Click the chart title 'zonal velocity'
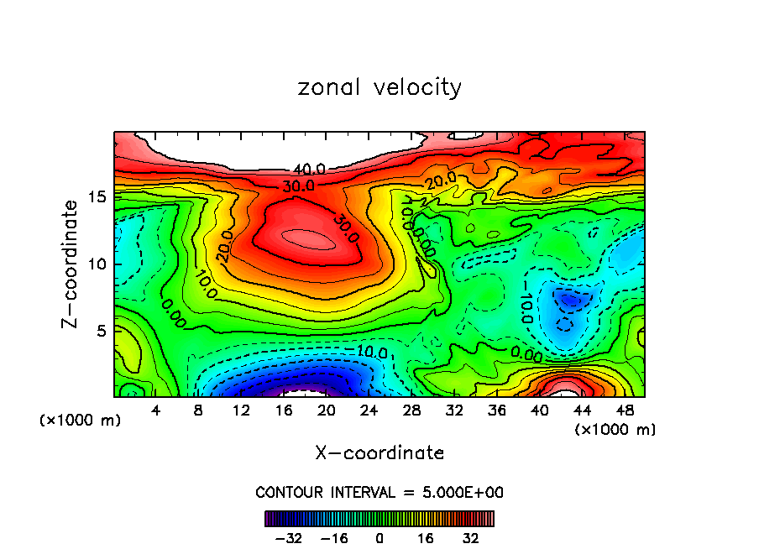pos(379,87)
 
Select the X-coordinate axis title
pos(379,452)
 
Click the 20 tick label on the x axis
pos(327,411)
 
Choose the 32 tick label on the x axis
pos(454,411)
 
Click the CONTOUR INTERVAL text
pos(379,492)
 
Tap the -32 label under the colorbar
pos(289,538)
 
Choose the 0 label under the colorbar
pos(379,538)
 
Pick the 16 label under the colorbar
pos(426,538)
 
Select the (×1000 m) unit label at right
pos(615,430)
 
